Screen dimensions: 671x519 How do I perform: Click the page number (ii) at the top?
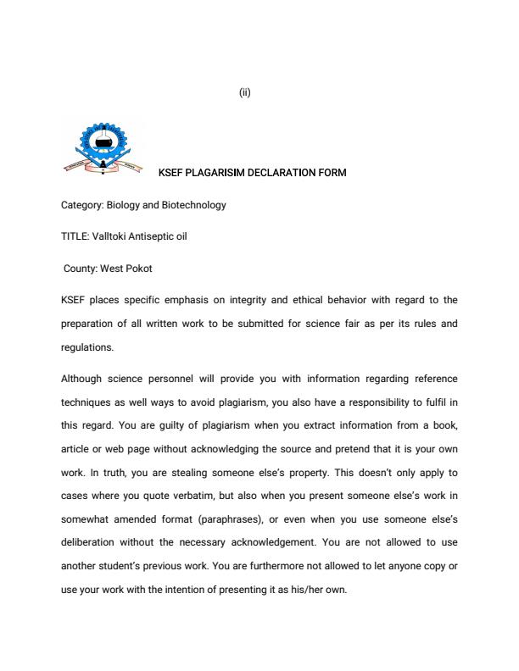click(x=244, y=93)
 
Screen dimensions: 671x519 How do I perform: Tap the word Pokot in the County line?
click(x=139, y=269)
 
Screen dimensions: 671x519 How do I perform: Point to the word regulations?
click(x=86, y=347)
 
